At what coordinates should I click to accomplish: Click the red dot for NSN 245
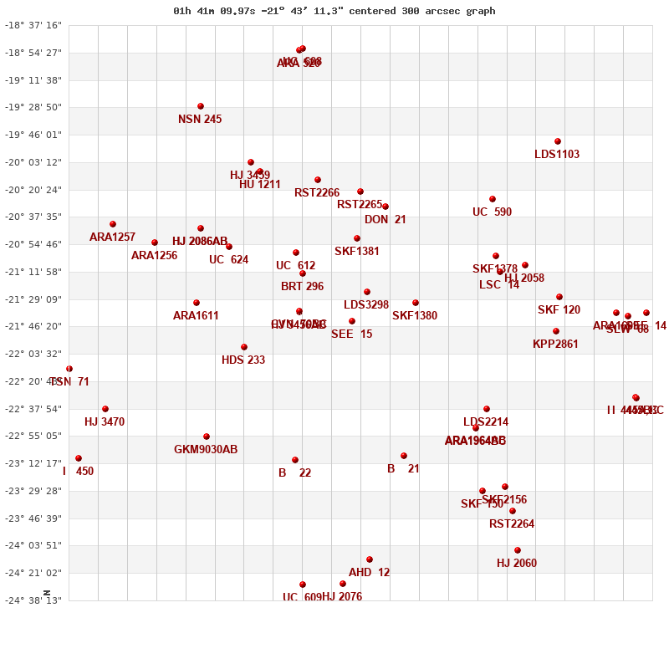click(201, 106)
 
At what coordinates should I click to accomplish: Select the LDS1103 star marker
click(558, 141)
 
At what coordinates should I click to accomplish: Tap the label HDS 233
click(243, 360)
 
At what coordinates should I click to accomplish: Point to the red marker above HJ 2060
click(518, 550)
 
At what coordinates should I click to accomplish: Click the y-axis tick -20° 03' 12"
click(34, 162)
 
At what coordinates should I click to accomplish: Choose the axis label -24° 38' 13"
click(34, 600)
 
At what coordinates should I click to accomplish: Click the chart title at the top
click(334, 11)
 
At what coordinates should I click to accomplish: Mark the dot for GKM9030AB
click(207, 437)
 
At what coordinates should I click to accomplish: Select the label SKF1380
click(415, 316)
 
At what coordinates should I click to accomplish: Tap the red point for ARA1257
click(113, 224)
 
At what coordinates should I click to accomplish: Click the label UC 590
click(492, 212)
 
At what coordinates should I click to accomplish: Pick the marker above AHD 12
click(370, 559)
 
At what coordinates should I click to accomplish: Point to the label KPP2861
click(555, 345)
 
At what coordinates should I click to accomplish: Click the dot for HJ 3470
click(105, 409)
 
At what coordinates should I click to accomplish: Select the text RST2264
click(512, 524)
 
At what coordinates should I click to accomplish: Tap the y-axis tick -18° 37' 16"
click(34, 25)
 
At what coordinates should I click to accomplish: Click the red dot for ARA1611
click(197, 303)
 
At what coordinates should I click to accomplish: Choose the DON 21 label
click(386, 220)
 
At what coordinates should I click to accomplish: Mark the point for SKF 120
click(559, 297)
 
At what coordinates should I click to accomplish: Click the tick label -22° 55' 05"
click(34, 436)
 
